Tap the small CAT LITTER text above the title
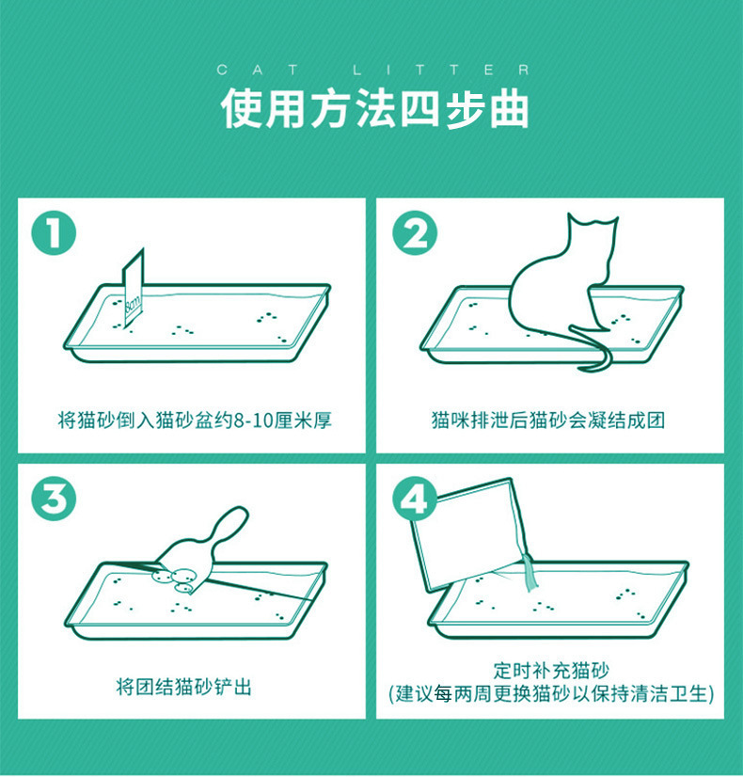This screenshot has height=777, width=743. (x=373, y=70)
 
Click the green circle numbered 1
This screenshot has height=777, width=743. (x=54, y=233)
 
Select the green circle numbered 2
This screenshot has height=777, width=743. (x=414, y=233)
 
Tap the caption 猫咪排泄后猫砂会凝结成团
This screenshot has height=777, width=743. (x=548, y=420)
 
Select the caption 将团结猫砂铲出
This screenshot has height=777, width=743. (x=183, y=687)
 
